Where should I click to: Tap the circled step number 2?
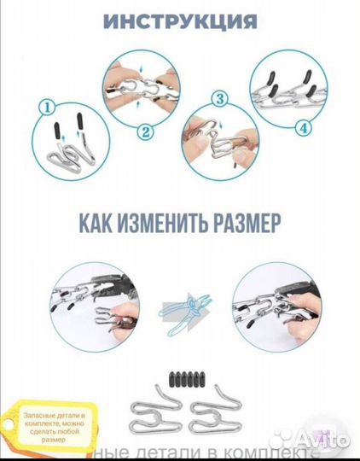click(146, 131)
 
